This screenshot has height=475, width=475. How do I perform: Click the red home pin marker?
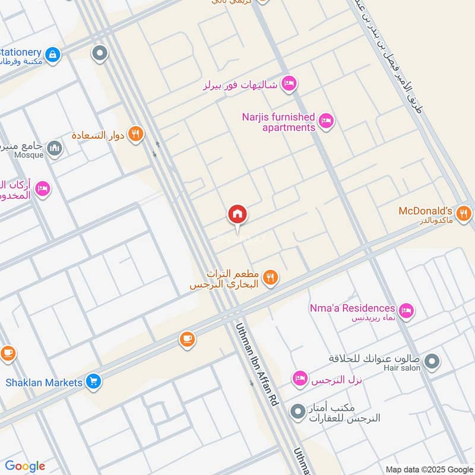(237, 215)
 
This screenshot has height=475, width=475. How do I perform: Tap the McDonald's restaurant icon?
(464, 213)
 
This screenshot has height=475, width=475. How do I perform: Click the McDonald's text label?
(425, 211)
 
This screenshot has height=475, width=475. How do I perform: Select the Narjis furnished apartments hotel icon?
(326, 122)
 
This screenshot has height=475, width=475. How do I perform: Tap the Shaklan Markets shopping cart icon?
(93, 382)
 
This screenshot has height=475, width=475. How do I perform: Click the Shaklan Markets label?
(44, 382)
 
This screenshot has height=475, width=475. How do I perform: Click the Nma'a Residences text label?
(352, 308)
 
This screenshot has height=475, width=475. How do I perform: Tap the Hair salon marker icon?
(433, 360)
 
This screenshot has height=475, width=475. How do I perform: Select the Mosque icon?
(55, 147)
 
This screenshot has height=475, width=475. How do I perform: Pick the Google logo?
(25, 466)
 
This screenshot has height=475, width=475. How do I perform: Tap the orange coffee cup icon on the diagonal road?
(187, 340)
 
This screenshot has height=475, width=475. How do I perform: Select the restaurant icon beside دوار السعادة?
(136, 135)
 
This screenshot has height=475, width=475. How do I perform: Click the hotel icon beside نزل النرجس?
(300, 378)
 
